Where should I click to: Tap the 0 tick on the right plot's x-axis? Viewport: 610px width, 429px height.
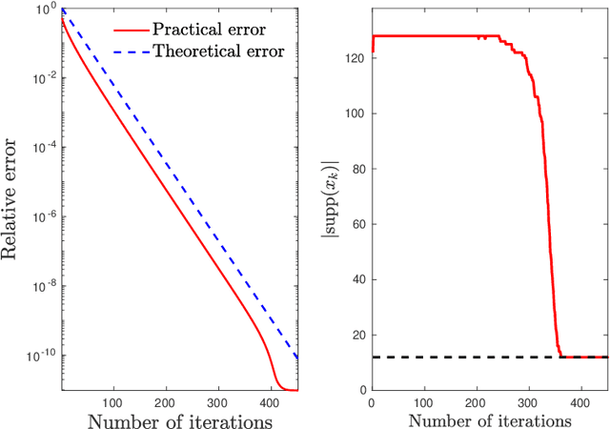(x=371, y=402)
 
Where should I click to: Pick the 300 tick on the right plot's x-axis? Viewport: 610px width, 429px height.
(x=528, y=402)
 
